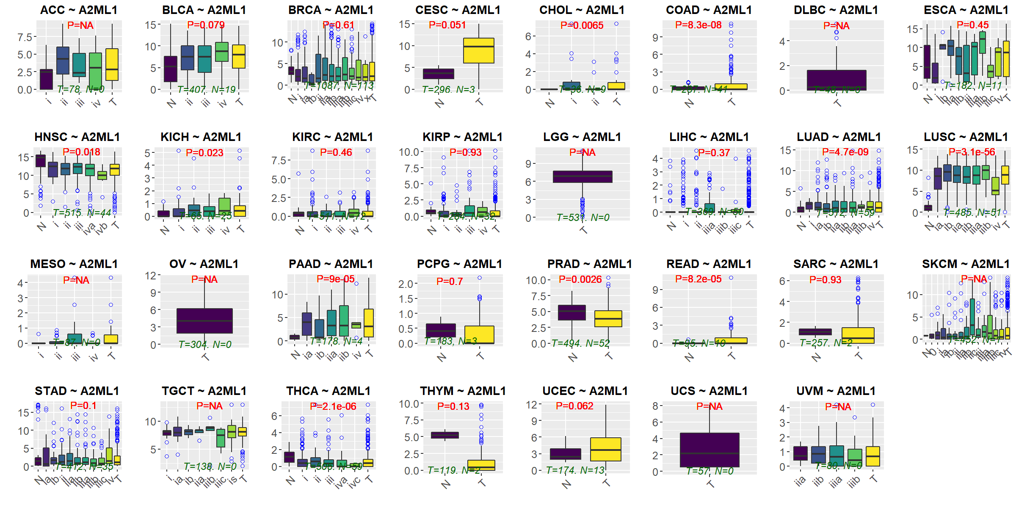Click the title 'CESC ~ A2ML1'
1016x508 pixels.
[458, 10]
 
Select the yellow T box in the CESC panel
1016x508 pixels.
[478, 50]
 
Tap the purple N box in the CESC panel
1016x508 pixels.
[439, 74]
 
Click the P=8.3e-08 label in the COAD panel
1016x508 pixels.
[698, 25]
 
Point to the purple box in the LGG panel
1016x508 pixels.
[583, 177]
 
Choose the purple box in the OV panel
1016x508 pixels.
[204, 321]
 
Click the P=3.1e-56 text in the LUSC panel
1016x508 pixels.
[972, 152]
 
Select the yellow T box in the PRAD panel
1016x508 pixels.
[608, 319]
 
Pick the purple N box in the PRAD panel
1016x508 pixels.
[572, 312]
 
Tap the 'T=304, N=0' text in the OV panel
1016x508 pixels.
[205, 345]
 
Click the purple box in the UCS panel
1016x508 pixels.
[710, 450]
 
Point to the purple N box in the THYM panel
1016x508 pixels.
[444, 435]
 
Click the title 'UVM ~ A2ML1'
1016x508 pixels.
[836, 391]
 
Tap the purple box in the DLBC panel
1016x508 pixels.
[837, 80]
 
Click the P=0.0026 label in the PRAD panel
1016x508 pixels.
[580, 279]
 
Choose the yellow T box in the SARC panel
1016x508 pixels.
[858, 335]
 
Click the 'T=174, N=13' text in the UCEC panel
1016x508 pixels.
[575, 470]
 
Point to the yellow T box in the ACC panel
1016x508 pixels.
[112, 64]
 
